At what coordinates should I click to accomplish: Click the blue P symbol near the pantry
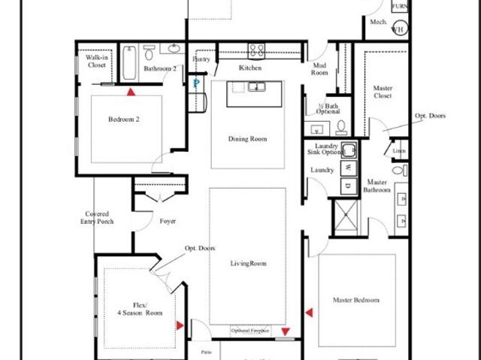tap(196, 84)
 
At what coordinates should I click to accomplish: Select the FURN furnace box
tap(399, 7)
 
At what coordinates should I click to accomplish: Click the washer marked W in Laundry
tap(348, 168)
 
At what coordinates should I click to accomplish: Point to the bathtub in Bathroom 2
tap(129, 64)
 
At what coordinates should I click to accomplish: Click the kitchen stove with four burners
tap(257, 51)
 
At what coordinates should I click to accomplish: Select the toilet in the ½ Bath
tap(341, 126)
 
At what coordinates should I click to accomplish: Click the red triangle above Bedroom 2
tap(132, 92)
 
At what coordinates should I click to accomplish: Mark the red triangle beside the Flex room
tap(180, 325)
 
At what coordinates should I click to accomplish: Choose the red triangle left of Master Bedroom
tap(308, 310)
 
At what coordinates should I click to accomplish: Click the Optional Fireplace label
tap(250, 331)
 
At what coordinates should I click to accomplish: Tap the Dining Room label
tap(248, 139)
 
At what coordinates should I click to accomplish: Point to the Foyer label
tap(168, 221)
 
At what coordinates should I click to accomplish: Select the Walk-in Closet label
tap(96, 61)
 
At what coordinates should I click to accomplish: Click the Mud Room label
tap(320, 69)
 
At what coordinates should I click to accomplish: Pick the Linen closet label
tap(398, 151)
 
